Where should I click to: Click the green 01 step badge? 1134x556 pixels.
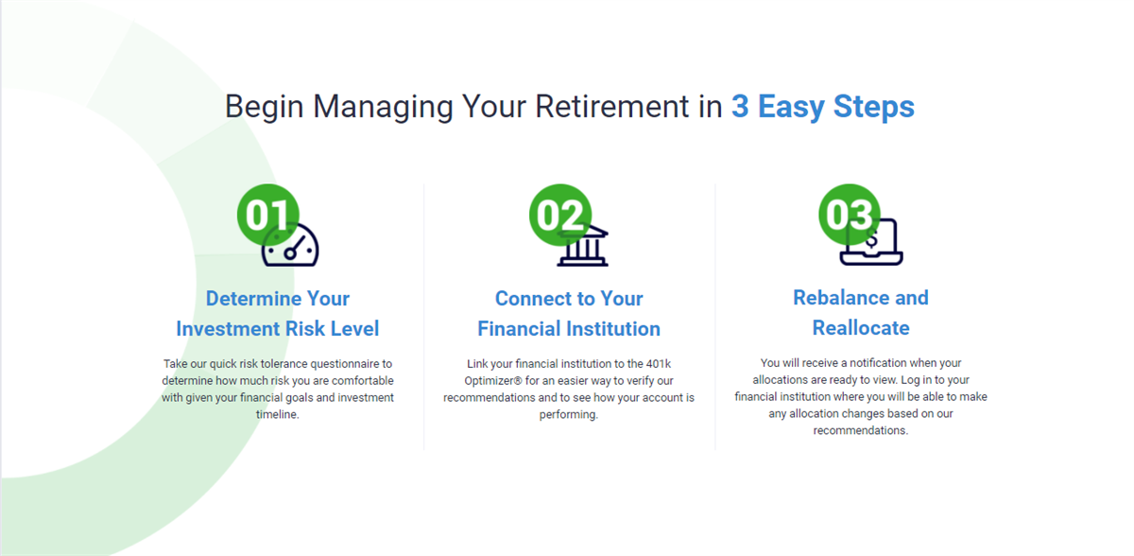[267, 215]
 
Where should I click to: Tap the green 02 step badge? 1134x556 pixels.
[559, 215]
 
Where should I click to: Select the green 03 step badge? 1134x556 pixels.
[850, 215]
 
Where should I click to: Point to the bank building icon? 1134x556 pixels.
[583, 246]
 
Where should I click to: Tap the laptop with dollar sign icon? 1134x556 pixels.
[871, 242]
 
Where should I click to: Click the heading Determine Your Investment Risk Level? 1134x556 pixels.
[278, 313]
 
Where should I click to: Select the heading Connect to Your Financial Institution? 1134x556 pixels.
[569, 313]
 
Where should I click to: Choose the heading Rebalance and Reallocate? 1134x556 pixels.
[861, 312]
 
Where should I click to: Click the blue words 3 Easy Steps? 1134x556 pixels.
[823, 107]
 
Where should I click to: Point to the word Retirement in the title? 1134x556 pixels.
[612, 106]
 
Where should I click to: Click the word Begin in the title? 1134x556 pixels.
[265, 108]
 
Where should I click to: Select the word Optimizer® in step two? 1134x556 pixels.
[492, 381]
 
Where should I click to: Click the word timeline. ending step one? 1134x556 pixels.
[278, 414]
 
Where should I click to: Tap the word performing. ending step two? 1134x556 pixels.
[569, 415]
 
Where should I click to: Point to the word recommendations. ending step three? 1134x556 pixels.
[861, 430]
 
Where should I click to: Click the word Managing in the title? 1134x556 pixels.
[383, 108]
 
